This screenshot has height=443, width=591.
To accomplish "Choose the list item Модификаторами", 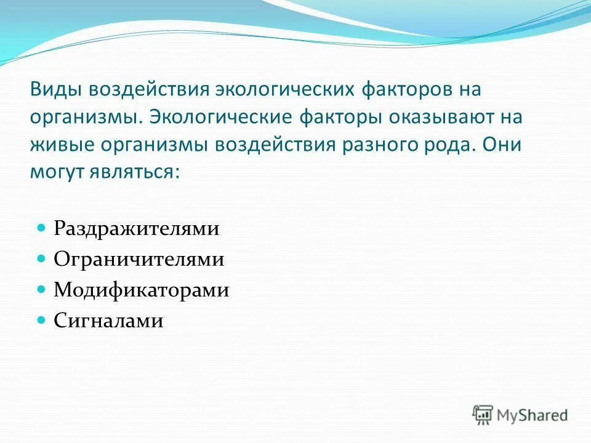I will pos(141,290).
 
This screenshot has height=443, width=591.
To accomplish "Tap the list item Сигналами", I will pos(108,321).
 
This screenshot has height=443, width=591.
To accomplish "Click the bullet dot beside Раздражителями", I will pos(42,228).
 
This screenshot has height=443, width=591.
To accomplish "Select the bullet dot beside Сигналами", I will pos(42,319).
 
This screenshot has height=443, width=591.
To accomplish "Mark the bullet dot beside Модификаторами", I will pos(42,289).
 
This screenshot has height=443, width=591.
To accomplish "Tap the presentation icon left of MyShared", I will pos(483,414).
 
